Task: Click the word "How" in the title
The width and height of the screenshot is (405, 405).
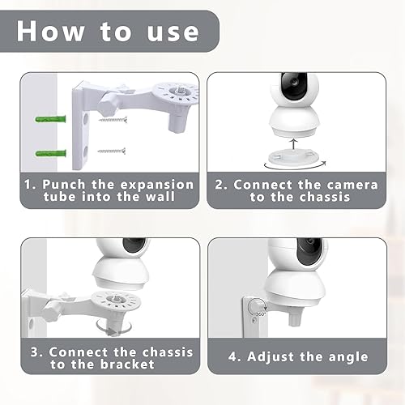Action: click(50, 32)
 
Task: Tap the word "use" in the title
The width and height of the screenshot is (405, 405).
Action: click(173, 32)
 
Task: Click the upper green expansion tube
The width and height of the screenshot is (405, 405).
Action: click(50, 119)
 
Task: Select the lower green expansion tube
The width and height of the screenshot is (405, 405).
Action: click(51, 153)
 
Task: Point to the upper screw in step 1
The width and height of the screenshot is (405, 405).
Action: click(113, 119)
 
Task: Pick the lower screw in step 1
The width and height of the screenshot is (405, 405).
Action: click(112, 151)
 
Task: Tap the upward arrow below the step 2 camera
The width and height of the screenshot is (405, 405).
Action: click(294, 144)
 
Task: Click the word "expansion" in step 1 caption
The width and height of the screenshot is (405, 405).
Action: click(157, 185)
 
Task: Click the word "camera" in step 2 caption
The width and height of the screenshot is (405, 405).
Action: click(352, 185)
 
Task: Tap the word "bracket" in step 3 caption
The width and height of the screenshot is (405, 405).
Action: click(127, 364)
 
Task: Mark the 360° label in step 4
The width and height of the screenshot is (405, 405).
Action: click(261, 314)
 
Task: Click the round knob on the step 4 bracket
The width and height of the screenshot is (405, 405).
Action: click(256, 307)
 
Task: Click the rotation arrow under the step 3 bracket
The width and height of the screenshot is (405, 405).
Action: click(113, 328)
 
